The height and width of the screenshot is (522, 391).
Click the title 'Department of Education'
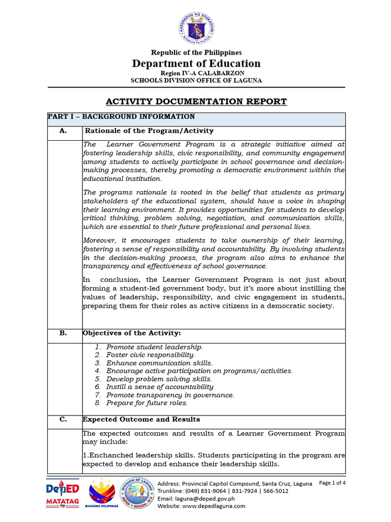[196, 63]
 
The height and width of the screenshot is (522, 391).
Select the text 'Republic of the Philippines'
[196, 53]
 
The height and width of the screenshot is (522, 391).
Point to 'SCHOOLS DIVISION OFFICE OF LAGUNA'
[196, 80]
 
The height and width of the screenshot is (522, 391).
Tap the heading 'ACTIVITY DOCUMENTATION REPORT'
[196, 101]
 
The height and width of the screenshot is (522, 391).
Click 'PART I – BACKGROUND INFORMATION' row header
[121, 117]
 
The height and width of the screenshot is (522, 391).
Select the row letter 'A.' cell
[63, 131]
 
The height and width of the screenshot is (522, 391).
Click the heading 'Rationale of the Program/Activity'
[149, 131]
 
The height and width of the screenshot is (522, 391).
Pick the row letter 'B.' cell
[63, 333]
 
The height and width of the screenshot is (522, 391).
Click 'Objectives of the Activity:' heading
[132, 333]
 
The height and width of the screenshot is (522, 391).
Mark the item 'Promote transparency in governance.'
[170, 395]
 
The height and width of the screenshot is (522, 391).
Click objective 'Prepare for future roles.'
[147, 403]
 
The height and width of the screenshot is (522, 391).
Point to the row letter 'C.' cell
[63, 420]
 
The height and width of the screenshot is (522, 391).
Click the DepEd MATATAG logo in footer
[63, 493]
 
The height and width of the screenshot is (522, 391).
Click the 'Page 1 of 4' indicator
[332, 483]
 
